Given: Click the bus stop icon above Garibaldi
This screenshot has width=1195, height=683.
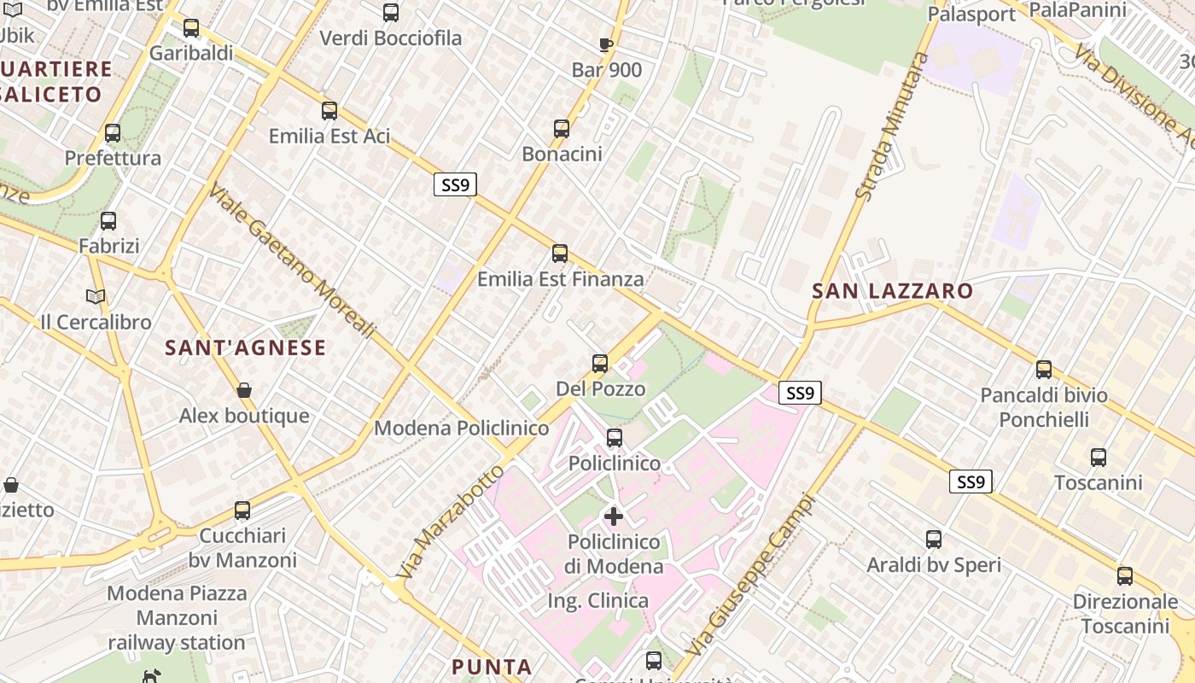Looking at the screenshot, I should point(191,28).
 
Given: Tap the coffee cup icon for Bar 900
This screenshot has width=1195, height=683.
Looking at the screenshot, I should point(605,45).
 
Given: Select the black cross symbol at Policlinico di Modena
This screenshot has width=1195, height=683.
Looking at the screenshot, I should point(614,516).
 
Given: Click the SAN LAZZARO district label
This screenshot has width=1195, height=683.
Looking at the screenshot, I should point(892,291).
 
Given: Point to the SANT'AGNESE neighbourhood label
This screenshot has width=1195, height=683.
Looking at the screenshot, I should point(245,347).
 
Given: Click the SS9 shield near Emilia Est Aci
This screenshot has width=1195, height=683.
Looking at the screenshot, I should point(455,184).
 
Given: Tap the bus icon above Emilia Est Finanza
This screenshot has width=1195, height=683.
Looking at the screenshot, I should point(560,254).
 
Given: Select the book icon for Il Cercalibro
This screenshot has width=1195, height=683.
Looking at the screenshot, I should point(96,297).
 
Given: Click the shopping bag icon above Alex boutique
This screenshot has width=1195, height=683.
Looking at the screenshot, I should point(244,391).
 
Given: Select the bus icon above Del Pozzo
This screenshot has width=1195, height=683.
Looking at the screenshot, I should point(600,364).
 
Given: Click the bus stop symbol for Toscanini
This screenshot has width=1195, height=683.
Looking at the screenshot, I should point(1099,458).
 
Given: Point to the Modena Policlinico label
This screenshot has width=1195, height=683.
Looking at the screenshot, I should point(461,428).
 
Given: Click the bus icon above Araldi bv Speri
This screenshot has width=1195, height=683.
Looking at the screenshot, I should point(934,540).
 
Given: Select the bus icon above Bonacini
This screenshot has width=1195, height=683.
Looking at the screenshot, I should point(562,129).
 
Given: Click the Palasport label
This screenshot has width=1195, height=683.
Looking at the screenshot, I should point(971,15).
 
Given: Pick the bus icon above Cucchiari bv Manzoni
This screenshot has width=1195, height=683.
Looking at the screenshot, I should point(242,511).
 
